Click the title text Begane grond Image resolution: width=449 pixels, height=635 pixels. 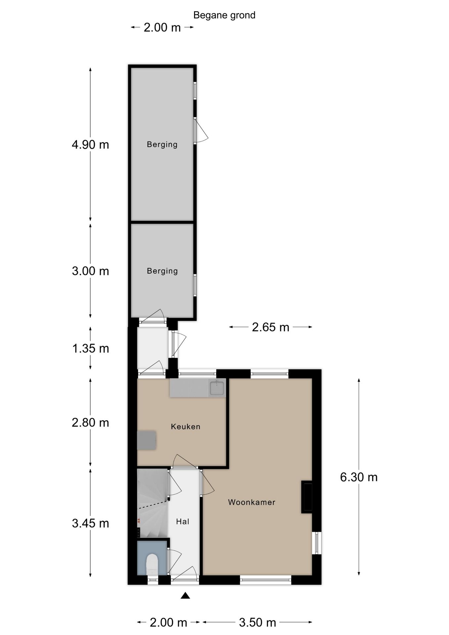point(224,15)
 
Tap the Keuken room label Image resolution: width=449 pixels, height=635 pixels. point(185,427)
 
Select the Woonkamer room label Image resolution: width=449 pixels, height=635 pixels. point(252,502)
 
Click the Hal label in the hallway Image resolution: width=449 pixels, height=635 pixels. point(183,522)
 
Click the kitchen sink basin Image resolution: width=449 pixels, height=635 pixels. point(217,388)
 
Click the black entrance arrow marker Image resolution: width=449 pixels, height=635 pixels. point(185,596)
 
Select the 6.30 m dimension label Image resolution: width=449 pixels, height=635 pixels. point(359,477)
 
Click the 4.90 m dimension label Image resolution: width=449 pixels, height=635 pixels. point(90,145)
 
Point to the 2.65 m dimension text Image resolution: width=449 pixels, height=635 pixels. point(270,327)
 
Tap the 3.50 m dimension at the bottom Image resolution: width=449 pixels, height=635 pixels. point(257,622)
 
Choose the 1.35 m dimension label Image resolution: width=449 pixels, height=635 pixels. point(90,348)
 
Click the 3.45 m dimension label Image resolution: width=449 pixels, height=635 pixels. point(90,523)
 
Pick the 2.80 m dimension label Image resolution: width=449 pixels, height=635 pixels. point(90,422)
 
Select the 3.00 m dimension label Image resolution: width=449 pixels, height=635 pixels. point(90,271)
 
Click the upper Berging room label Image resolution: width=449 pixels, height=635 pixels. point(162,144)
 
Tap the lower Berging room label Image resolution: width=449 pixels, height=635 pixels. point(162,271)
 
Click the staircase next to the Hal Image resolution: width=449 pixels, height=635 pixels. point(152,503)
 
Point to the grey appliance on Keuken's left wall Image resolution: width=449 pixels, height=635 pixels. point(146,440)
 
